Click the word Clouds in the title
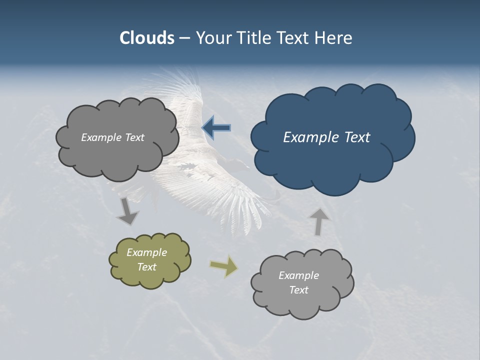click(x=147, y=38)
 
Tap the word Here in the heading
click(x=334, y=38)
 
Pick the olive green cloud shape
click(x=150, y=280)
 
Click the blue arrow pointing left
click(x=216, y=128)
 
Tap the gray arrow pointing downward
click(x=127, y=211)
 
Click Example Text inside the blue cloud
click(x=326, y=137)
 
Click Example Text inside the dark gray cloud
click(x=112, y=137)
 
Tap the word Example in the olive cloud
click(x=146, y=252)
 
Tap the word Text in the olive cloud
click(x=146, y=267)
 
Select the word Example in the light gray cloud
click(x=298, y=275)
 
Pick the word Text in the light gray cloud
click(x=298, y=290)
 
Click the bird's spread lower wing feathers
click(x=235, y=205)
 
